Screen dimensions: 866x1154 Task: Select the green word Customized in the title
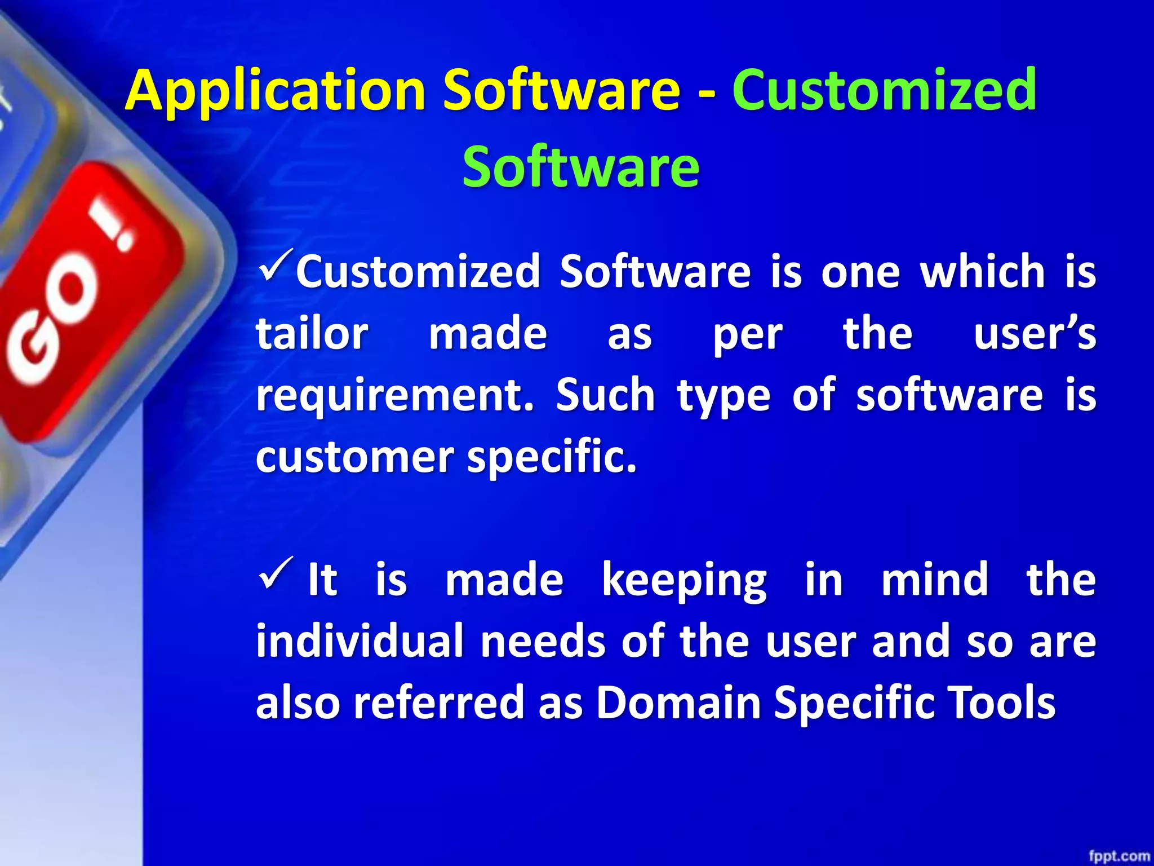pos(885,90)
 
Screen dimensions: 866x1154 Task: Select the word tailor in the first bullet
pos(312,334)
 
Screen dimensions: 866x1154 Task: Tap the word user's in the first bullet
pos(1035,334)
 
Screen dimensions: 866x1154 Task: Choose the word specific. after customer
pos(552,457)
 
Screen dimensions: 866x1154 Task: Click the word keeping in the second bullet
pos(684,581)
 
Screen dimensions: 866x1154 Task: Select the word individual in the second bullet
pos(360,642)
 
